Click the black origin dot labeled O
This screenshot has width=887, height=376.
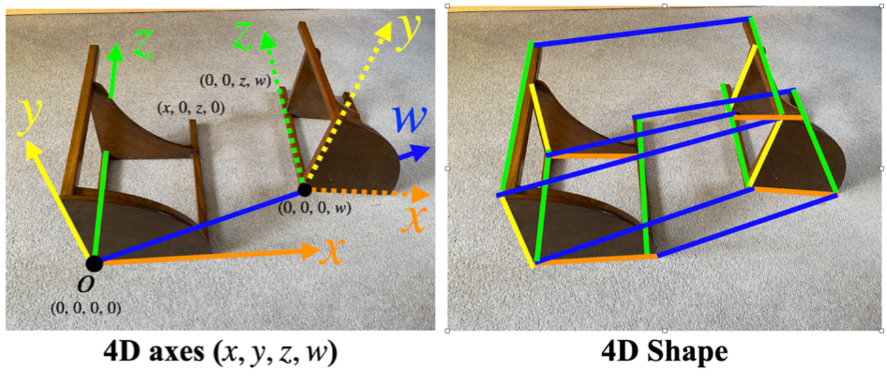[94, 264]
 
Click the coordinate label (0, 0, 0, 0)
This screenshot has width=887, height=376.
[86, 308]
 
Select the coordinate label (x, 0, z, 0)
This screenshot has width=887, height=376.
[191, 108]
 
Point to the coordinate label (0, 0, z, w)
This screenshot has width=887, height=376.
[236, 81]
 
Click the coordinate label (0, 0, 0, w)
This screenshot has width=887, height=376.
[315, 208]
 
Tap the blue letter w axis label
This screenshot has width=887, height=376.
[410, 119]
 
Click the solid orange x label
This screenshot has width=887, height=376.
[332, 251]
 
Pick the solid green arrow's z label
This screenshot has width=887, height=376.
[142, 44]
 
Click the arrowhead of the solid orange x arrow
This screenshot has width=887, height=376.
[311, 251]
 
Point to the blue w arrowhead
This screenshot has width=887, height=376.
[420, 152]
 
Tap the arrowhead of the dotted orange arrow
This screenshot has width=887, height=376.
[421, 195]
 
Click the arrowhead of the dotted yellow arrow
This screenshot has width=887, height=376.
[383, 32]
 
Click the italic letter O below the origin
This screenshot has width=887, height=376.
[86, 283]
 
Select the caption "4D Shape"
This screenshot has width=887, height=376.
[664, 351]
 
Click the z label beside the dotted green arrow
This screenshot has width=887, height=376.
[243, 36]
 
